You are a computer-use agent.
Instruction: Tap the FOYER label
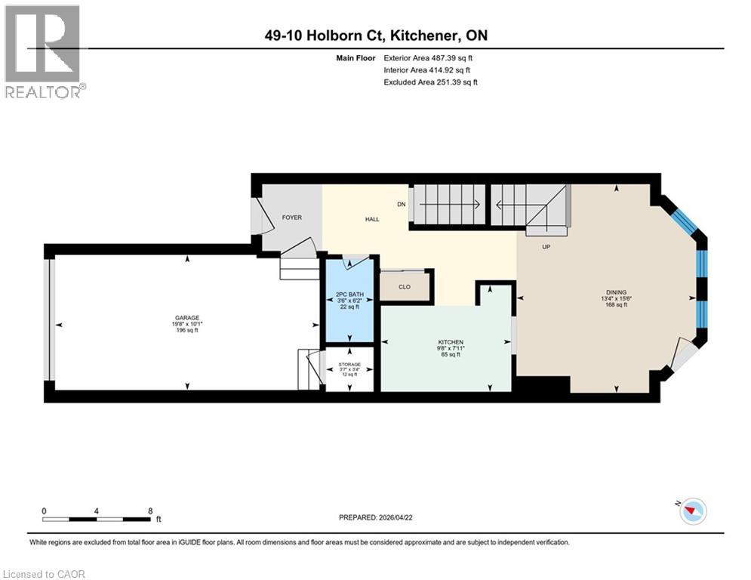click(x=291, y=218)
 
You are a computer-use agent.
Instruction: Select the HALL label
click(x=372, y=219)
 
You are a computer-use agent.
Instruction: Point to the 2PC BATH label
click(x=348, y=293)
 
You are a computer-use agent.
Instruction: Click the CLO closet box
click(x=405, y=287)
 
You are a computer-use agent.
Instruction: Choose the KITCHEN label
click(x=451, y=342)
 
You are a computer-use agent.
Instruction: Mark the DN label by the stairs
click(x=402, y=204)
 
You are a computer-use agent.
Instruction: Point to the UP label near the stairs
click(x=543, y=246)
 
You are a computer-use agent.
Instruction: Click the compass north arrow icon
click(x=691, y=511)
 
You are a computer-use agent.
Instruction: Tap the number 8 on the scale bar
click(x=150, y=511)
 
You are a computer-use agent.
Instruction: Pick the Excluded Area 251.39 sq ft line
click(x=430, y=82)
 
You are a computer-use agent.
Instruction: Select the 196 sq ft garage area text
click(x=186, y=330)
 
